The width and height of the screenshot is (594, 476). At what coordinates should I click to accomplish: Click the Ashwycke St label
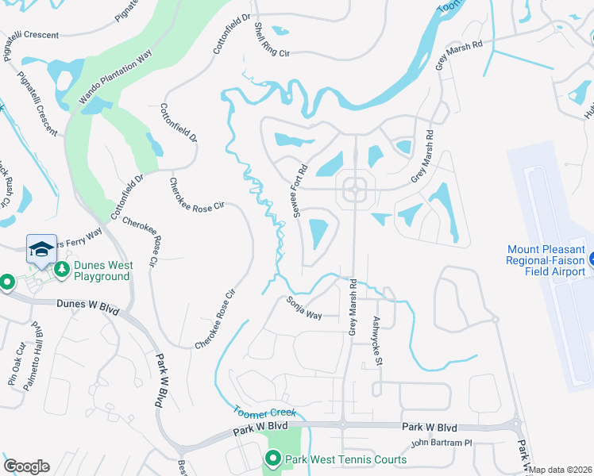[x=377, y=340]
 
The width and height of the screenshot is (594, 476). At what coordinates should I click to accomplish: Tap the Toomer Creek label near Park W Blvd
[x=265, y=412]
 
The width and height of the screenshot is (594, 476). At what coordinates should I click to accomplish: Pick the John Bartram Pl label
[x=441, y=443]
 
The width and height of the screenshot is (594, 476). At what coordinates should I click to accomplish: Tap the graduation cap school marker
[x=41, y=249]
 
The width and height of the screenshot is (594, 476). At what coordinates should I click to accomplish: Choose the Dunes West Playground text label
[x=102, y=271]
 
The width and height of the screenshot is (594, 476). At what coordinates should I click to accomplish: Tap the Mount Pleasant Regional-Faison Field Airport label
[x=545, y=260]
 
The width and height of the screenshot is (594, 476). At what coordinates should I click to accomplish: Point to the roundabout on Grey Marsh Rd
[x=354, y=190]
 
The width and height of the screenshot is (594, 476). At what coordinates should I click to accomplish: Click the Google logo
[x=26, y=466]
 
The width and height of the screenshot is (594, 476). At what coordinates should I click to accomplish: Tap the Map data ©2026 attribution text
[x=561, y=470]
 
